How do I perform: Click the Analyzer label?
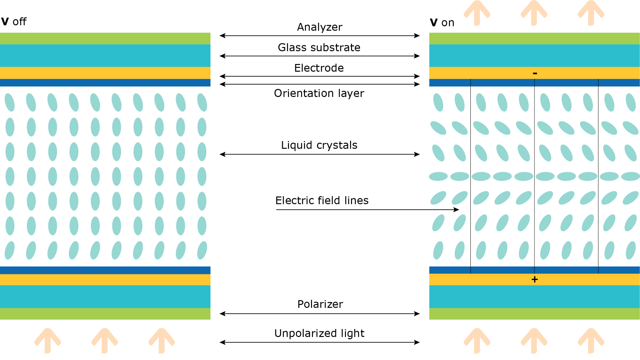(319, 27)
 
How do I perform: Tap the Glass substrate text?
(319, 47)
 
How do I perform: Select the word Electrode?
(319, 68)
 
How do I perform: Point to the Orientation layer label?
(319, 93)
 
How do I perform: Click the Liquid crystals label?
(319, 145)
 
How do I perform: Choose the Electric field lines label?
(322, 200)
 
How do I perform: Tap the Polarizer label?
(320, 304)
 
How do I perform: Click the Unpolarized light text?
(319, 333)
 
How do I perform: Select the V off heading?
(14, 22)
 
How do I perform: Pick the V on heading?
(442, 23)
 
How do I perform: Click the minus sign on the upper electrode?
(535, 73)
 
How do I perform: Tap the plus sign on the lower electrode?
(535, 279)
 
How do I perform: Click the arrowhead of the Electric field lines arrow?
(457, 210)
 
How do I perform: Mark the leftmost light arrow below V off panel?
(48, 340)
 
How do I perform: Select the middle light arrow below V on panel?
(534, 340)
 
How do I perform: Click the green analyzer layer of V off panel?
(105, 38)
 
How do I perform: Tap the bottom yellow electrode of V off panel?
(105, 279)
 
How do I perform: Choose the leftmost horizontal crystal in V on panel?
(438, 176)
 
